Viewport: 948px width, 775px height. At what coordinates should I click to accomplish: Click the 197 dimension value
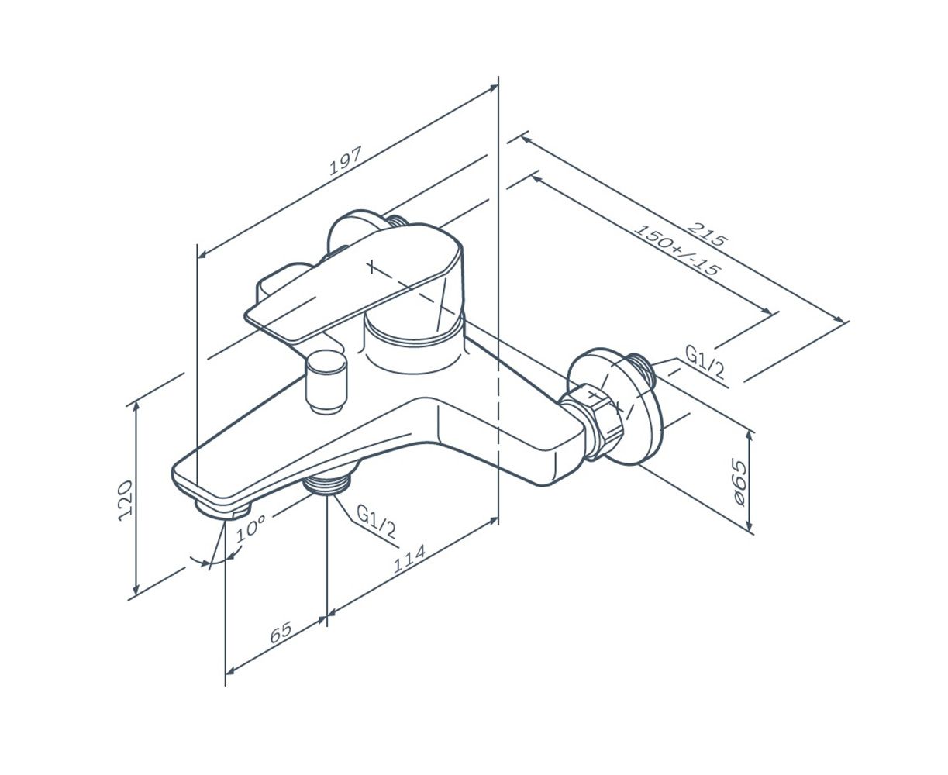[x=345, y=160]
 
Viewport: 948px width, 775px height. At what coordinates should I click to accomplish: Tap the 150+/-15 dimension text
[x=677, y=249]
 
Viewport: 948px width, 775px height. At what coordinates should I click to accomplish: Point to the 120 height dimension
[x=126, y=501]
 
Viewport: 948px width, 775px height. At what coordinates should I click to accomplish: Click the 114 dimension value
[x=409, y=558]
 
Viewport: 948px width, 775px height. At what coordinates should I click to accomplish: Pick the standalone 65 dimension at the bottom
[x=281, y=632]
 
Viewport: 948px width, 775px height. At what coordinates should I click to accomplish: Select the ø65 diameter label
[x=739, y=482]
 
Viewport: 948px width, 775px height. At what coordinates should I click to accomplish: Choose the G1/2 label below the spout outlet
[x=376, y=521]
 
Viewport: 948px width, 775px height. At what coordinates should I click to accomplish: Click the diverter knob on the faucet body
[x=327, y=381]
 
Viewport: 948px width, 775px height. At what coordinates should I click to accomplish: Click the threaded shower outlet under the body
[x=327, y=484]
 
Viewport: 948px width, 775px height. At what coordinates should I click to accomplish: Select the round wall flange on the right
[x=615, y=406]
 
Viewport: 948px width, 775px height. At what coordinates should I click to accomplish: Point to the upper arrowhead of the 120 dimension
[x=136, y=407]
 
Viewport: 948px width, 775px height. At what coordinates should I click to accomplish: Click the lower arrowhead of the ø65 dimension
[x=749, y=527]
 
